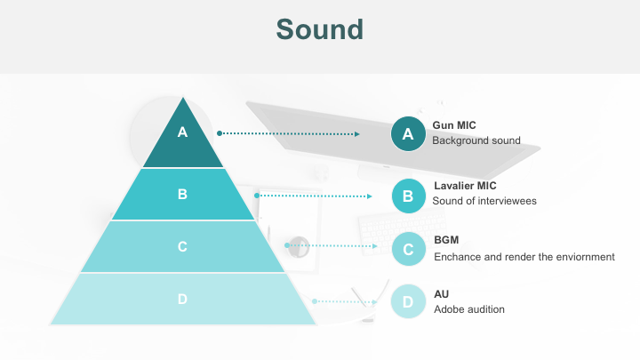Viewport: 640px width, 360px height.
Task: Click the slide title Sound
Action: (x=319, y=28)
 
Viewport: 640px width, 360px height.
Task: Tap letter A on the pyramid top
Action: (x=183, y=132)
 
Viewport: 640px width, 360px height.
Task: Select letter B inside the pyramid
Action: (x=183, y=194)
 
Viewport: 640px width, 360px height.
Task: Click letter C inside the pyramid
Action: (x=183, y=246)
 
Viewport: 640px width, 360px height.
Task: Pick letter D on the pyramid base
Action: (x=183, y=299)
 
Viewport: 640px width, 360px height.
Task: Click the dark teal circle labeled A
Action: (x=408, y=134)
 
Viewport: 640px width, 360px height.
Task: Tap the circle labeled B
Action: (x=408, y=196)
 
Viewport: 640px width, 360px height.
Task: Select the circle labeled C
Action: (x=408, y=249)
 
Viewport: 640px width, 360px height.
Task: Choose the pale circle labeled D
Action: (x=408, y=301)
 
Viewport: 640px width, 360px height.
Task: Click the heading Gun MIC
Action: (x=454, y=125)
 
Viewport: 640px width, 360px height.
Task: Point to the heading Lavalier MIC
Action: (x=464, y=186)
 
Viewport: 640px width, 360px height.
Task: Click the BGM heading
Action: (x=446, y=240)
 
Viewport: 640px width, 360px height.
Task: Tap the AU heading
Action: (x=441, y=293)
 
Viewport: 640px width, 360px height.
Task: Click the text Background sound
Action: (x=476, y=140)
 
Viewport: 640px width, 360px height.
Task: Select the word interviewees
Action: (x=508, y=201)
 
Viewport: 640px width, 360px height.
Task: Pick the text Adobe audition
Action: (x=468, y=309)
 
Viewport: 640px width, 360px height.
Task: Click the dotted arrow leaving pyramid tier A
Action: (x=288, y=134)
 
